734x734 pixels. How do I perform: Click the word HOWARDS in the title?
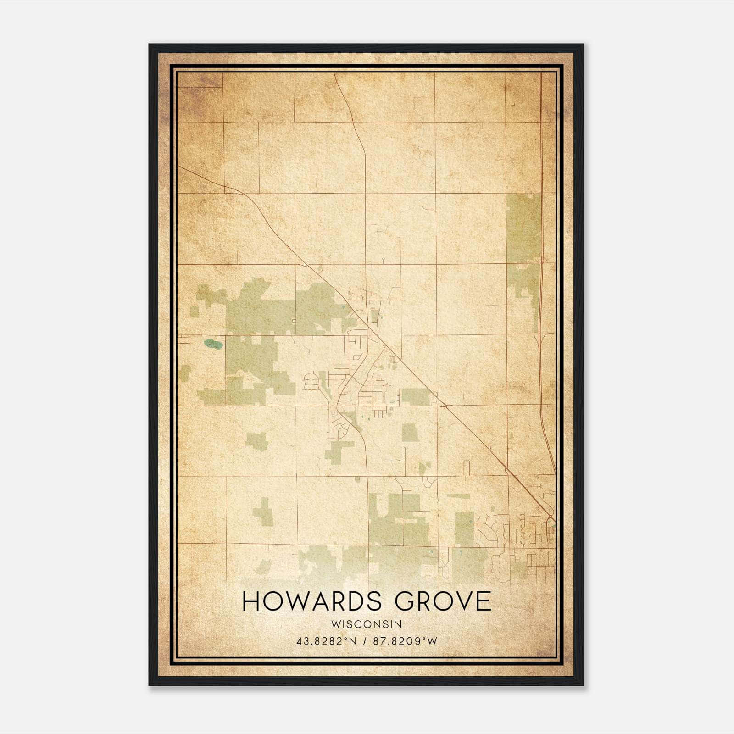(x=311, y=601)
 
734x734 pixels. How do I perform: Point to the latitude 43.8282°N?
(x=327, y=641)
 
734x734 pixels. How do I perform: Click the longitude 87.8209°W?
(x=405, y=641)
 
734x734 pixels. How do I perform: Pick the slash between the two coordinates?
(x=365, y=641)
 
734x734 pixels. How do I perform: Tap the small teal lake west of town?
(x=213, y=343)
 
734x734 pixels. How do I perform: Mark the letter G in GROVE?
(x=406, y=601)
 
